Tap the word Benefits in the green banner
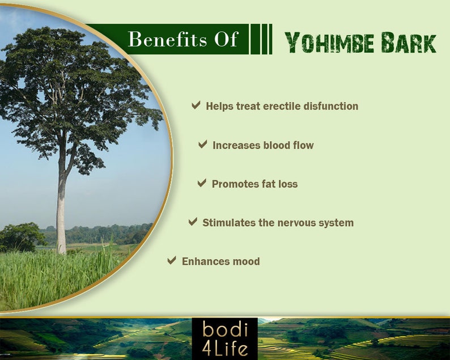(x=159, y=40)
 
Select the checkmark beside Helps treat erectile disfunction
(x=196, y=105)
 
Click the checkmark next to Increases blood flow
(x=203, y=145)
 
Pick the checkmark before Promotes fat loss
(x=202, y=183)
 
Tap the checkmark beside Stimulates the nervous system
(x=193, y=222)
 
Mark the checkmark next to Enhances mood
(x=172, y=261)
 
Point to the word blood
(x=277, y=145)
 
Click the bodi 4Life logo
(x=224, y=338)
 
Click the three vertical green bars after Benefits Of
(x=261, y=39)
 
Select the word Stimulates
(x=229, y=223)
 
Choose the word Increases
(x=236, y=145)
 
